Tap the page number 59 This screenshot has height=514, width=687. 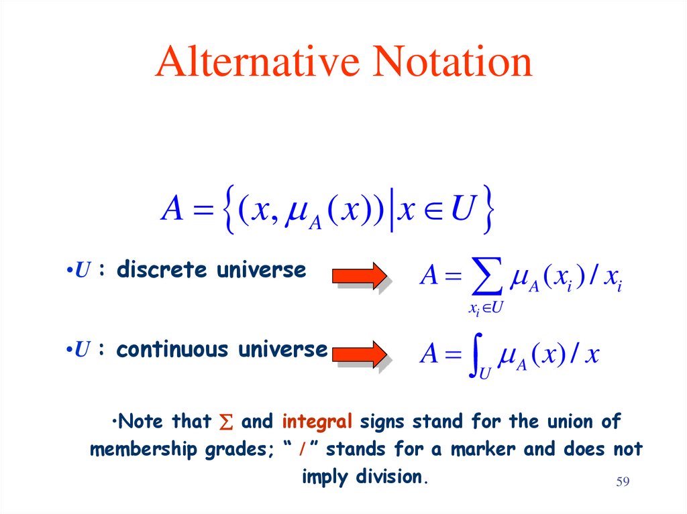coord(624,483)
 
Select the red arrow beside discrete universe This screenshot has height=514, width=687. coord(360,275)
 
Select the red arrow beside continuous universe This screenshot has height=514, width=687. coord(360,352)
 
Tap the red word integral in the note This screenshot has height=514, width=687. coord(317,422)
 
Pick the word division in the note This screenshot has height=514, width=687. coord(394,477)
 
